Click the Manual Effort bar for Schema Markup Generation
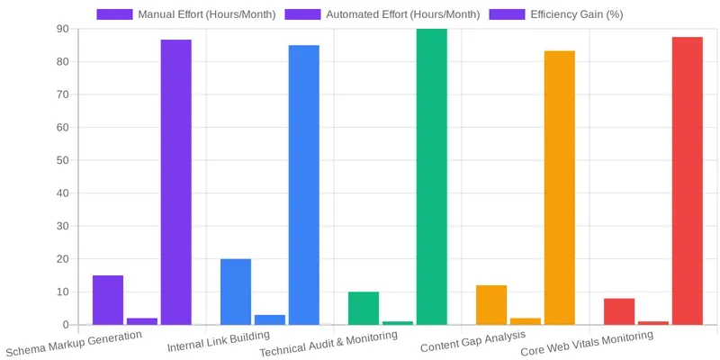pyautogui.click(x=108, y=300)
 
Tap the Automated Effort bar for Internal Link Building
pyautogui.click(x=270, y=319)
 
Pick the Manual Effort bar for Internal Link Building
pyautogui.click(x=236, y=292)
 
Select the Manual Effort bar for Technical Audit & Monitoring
pyautogui.click(x=364, y=308)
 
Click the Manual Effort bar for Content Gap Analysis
pyautogui.click(x=491, y=305)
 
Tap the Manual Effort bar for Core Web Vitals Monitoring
pyautogui.click(x=619, y=311)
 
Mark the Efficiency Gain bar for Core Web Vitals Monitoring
pyautogui.click(x=688, y=180)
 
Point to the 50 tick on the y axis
pyautogui.click(x=62, y=160)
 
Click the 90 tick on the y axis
pyautogui.click(x=62, y=29)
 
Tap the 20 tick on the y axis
pyautogui.click(x=62, y=259)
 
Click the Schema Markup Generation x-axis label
pyautogui.click(x=75, y=343)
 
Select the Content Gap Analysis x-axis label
pyautogui.click(x=472, y=342)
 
